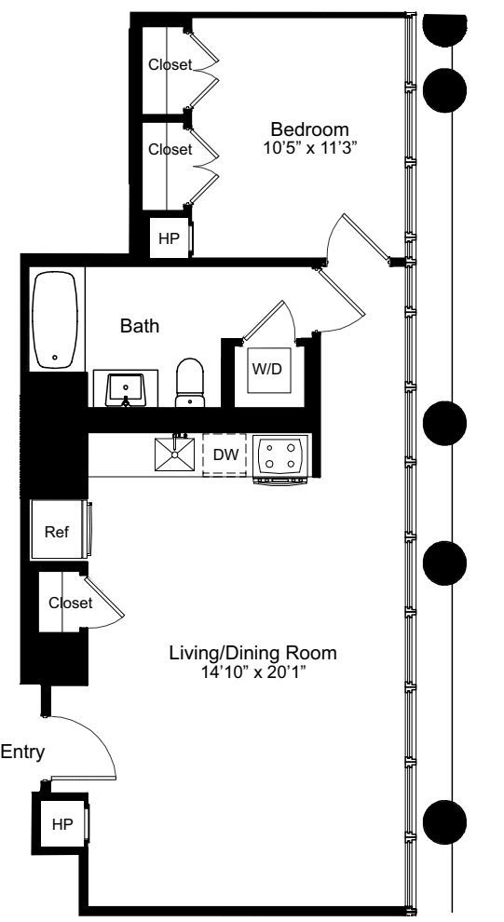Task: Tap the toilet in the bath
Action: (190, 383)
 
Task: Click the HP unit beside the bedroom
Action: (169, 238)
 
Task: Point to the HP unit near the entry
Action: (61, 824)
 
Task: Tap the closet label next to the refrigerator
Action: (72, 603)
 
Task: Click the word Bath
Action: (139, 327)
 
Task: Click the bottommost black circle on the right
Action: (444, 822)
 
